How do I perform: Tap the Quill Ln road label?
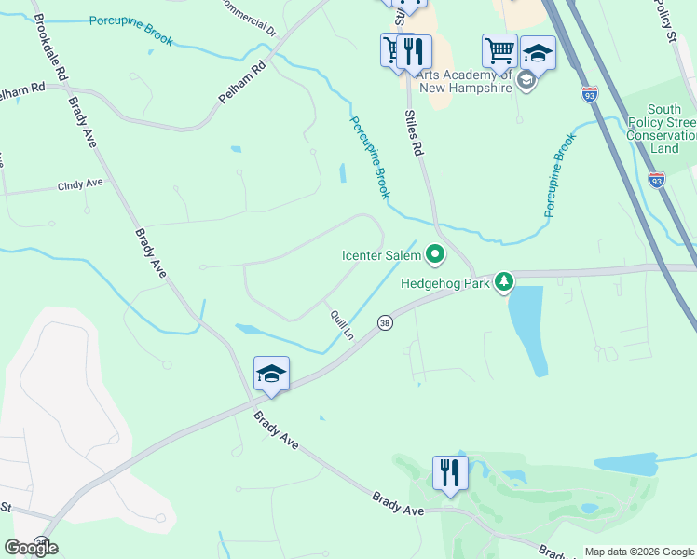pyautogui.click(x=342, y=324)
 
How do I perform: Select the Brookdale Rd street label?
pyautogui.click(x=51, y=47)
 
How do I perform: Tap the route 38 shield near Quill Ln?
pyautogui.click(x=384, y=322)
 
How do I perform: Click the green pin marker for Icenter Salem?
pyautogui.click(x=434, y=253)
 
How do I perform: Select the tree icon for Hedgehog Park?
pyautogui.click(x=504, y=280)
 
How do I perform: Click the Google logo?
pyautogui.click(x=31, y=547)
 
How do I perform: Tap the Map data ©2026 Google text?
pyautogui.click(x=639, y=552)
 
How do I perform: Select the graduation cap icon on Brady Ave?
pyautogui.click(x=271, y=374)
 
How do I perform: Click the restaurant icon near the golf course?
pyautogui.click(x=450, y=472)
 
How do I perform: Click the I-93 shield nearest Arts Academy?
pyautogui.click(x=589, y=94)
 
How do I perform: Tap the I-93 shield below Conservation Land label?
pyautogui.click(x=657, y=181)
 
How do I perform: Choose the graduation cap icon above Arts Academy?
pyautogui.click(x=537, y=51)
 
